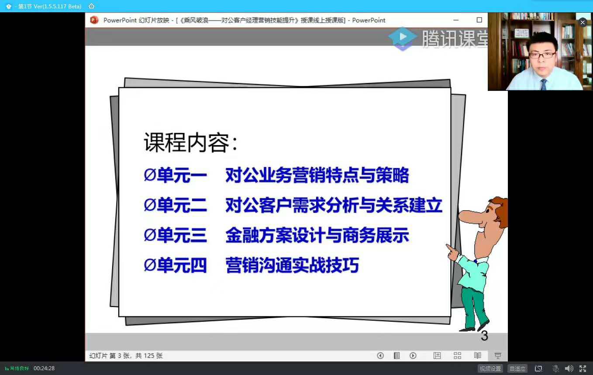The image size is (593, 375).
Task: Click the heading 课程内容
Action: pos(186,143)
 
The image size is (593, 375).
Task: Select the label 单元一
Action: pos(182,175)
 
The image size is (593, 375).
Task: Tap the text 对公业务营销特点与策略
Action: pos(317,175)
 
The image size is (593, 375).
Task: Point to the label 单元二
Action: pos(182,205)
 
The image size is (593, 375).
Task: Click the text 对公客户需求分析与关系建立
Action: pos(334,205)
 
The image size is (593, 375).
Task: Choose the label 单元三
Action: pos(182,235)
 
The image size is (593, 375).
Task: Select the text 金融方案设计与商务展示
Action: pos(317,235)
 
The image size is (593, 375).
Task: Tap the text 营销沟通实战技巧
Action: pos(292,265)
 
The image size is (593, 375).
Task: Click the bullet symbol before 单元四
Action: pos(150,265)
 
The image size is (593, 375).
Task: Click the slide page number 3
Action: pos(484,336)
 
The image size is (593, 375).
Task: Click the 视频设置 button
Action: pos(490,368)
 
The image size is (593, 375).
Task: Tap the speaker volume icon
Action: pos(569,368)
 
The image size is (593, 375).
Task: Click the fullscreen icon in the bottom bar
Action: pos(583,368)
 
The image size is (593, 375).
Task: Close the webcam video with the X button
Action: pos(583,23)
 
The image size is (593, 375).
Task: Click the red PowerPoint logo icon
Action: pos(94,20)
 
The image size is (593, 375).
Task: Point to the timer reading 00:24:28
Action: pos(44,368)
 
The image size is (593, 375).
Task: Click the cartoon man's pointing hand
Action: pos(452,252)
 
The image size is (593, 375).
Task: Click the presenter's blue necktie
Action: pos(544,84)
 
